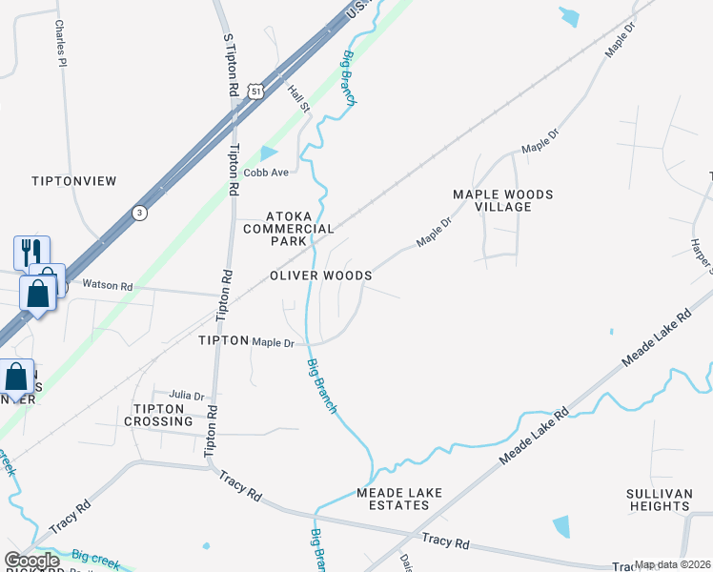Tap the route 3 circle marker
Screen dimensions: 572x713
coord(140,213)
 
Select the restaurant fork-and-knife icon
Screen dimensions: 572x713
coord(30,253)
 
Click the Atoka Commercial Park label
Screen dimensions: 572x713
coord(288,229)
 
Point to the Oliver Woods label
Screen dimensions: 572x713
coord(320,276)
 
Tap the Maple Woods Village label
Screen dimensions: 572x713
coord(502,200)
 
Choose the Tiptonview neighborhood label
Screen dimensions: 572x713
coord(73,181)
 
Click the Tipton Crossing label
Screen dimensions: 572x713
coord(158,415)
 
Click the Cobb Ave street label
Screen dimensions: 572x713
coord(266,173)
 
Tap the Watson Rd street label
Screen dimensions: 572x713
coord(107,284)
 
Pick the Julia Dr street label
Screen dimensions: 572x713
coord(187,396)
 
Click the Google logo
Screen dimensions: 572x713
coord(32,561)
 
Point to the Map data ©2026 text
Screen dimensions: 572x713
coord(672,564)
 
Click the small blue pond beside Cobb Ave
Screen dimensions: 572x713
coord(269,153)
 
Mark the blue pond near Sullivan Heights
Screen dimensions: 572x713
coord(561,525)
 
